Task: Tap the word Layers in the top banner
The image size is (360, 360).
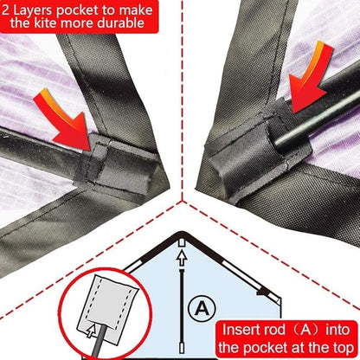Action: (x=32, y=10)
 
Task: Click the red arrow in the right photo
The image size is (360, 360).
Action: (x=309, y=76)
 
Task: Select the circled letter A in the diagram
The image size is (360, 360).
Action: (x=202, y=309)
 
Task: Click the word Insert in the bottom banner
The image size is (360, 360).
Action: (x=240, y=330)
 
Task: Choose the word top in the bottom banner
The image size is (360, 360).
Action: (x=343, y=349)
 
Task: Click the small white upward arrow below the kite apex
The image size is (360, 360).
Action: (x=181, y=259)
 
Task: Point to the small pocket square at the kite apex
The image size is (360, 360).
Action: (x=181, y=242)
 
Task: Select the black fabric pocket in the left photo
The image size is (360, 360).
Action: (x=119, y=166)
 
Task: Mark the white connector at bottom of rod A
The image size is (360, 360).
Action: (x=182, y=347)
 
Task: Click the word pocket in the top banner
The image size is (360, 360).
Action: (x=78, y=11)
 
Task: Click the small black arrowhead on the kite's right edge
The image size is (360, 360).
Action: (x=262, y=292)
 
